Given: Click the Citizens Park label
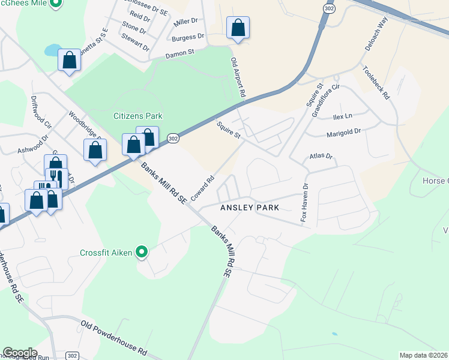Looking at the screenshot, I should point(138,116).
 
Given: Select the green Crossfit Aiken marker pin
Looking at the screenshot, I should point(142,253).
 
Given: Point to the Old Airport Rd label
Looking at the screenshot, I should point(238,77).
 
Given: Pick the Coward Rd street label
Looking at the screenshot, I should point(202,187).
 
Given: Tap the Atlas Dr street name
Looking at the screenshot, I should point(321,157).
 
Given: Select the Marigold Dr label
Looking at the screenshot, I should point(343,132).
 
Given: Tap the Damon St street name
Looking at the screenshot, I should point(180,54).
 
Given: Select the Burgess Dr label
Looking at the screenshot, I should point(188,37).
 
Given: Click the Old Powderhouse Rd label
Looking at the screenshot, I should point(113,337).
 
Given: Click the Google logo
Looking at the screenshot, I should point(20,352).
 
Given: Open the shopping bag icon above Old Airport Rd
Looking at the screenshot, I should point(238,28).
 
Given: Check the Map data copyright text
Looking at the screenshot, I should point(424,355).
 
